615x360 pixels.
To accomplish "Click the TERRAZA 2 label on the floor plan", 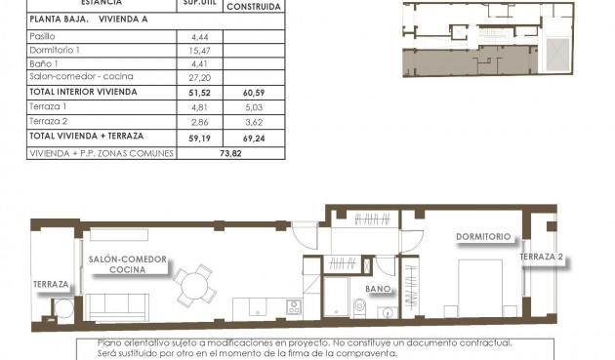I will (x=541, y=258).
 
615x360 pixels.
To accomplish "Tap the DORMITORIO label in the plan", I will (x=483, y=236).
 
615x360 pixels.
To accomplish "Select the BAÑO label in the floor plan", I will (x=380, y=289).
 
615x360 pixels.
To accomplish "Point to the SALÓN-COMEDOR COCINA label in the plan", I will (x=127, y=264).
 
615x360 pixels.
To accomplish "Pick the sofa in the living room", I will (x=118, y=307).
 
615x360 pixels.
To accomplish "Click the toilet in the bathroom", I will (x=357, y=308).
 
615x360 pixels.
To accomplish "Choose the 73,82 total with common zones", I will (x=230, y=153).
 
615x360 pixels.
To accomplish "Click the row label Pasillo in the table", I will (x=44, y=35).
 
